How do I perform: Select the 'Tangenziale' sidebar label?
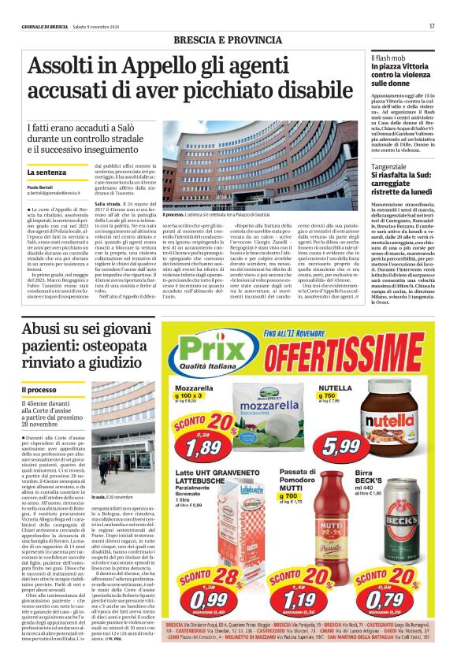click(390, 167)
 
